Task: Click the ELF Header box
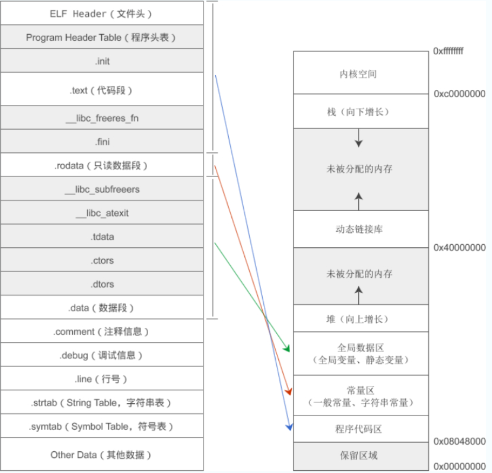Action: click(102, 13)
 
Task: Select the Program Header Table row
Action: click(102, 37)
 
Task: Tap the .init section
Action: click(102, 61)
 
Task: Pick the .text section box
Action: click(102, 90)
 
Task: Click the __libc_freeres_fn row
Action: click(102, 118)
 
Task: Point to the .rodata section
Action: click(102, 166)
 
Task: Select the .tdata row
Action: click(102, 237)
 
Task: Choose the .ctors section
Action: click(102, 261)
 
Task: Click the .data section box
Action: click(102, 308)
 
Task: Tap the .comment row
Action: click(102, 332)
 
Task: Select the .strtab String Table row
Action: click(102, 403)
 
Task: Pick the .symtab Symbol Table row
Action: click(102, 427)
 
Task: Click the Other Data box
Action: click(102, 455)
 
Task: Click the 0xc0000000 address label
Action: click(459, 94)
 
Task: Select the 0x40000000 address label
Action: click(459, 248)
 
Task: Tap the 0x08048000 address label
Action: click(459, 442)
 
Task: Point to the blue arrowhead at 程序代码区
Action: click(290, 427)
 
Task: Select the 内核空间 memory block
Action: click(361, 74)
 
